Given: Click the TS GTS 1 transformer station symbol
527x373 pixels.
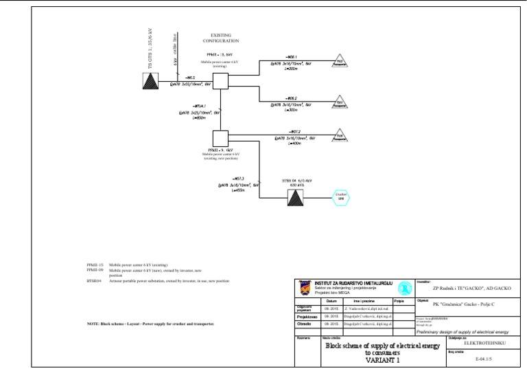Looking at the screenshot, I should coord(150,80).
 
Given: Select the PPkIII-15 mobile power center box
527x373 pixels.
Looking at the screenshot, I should coord(220,80).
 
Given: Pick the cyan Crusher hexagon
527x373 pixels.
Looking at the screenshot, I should coord(341,197).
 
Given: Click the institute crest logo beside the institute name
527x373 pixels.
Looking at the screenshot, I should coord(304,286).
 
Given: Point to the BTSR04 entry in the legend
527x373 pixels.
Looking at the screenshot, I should coord(93,281).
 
